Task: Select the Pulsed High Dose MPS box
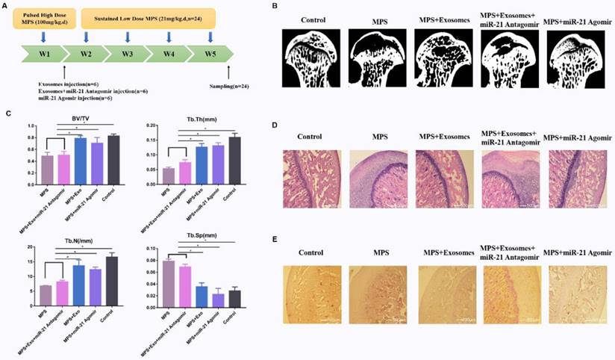(46, 19)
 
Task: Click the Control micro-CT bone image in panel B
(310, 58)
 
